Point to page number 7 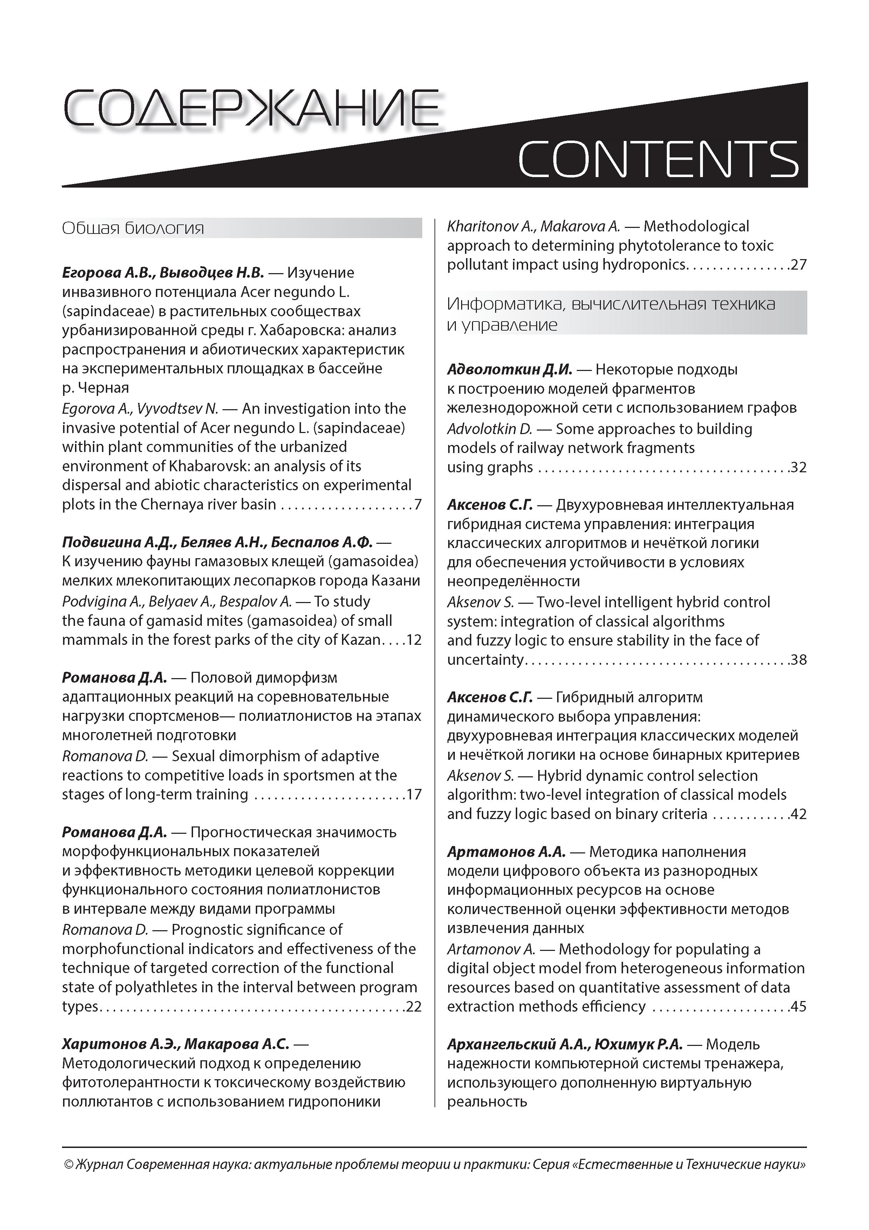[x=418, y=505]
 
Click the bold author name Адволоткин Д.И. [x=510, y=369]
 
